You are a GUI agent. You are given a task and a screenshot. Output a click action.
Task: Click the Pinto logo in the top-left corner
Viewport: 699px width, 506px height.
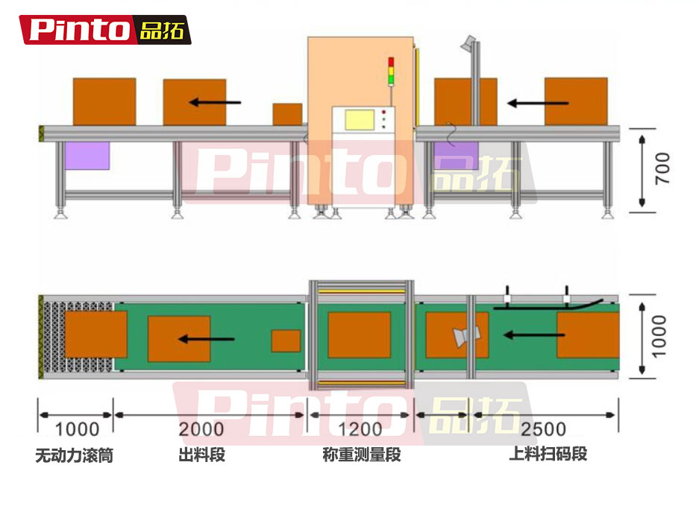[105, 30]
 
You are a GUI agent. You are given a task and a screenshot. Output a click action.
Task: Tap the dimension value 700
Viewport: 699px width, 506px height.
[662, 168]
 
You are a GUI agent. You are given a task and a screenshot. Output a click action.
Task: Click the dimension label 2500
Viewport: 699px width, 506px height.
[543, 429]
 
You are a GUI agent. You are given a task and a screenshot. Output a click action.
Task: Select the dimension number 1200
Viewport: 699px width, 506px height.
[360, 429]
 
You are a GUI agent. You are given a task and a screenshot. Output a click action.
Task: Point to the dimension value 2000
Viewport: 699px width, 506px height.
[201, 429]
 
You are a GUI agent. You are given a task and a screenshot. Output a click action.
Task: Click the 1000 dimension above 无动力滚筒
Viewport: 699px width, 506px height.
[77, 429]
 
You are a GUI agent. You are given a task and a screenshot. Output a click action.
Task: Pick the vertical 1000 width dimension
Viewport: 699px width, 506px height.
[659, 336]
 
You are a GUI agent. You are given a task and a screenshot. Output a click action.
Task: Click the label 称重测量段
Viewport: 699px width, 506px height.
[362, 455]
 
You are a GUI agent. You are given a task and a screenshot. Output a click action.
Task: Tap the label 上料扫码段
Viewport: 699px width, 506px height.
[548, 454]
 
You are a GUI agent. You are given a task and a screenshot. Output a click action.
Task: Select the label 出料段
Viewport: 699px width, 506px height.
[201, 455]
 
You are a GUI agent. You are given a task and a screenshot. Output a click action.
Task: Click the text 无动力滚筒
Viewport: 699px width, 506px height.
[74, 455]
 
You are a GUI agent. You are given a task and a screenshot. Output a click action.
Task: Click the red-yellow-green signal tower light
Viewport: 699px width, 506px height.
[391, 71]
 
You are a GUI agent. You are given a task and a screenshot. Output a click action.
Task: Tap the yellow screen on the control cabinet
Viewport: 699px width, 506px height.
[360, 120]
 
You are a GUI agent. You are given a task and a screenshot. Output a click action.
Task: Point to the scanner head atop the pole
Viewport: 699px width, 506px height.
[468, 42]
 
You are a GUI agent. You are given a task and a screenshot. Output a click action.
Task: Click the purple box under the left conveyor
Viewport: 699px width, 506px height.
[87, 156]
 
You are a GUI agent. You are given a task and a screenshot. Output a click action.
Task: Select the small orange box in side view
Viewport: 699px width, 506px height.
[287, 115]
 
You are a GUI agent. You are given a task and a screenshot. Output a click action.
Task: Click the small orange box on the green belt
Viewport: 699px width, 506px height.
[286, 341]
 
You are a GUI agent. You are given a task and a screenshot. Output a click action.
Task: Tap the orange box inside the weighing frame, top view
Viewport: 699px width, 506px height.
[360, 335]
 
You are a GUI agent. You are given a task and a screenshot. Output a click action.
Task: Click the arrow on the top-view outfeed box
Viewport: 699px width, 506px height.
[207, 339]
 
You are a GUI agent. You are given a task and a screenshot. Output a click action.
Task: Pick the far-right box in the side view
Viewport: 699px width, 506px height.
[576, 101]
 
